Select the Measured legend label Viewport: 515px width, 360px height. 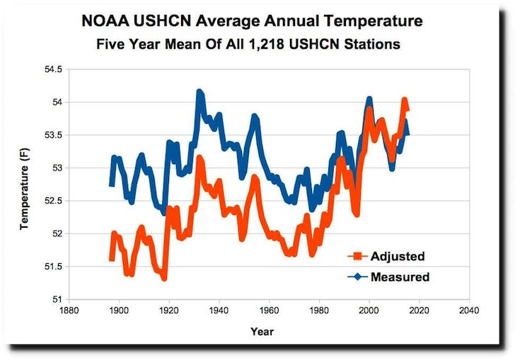400,277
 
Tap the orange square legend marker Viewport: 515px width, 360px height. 358,256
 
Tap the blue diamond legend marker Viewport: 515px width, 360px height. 358,277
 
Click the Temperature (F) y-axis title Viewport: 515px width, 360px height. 24,184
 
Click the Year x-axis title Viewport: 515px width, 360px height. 262,331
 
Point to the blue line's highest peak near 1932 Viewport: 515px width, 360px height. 199,92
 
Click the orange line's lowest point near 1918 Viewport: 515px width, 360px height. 164,278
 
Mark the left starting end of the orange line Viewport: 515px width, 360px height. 111,260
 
